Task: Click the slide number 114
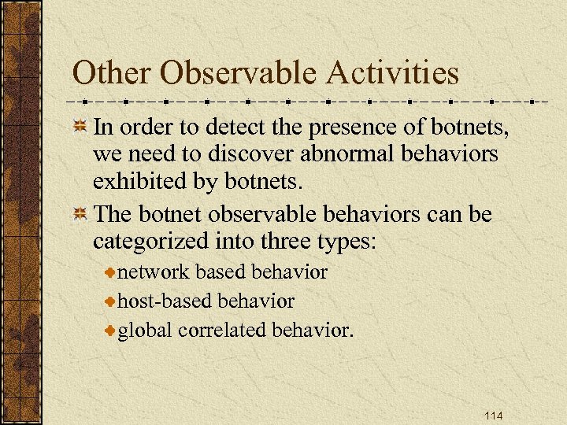[493, 415]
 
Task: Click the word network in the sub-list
[154, 272]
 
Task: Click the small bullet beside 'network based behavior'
[110, 273]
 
